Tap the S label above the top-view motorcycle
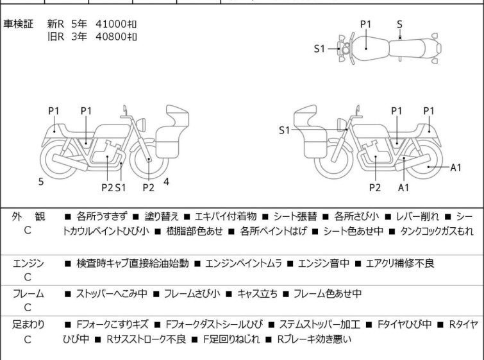pyautogui.click(x=400, y=24)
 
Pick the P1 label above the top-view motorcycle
pyautogui.click(x=365, y=24)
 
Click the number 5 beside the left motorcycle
pyautogui.click(x=41, y=182)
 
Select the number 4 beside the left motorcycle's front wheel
pyautogui.click(x=166, y=182)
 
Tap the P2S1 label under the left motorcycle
pyautogui.click(x=112, y=187)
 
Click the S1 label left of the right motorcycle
pyautogui.click(x=285, y=130)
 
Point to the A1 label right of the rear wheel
pyautogui.click(x=456, y=167)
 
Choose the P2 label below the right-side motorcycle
pyautogui.click(x=375, y=187)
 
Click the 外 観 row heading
pyautogui.click(x=27, y=217)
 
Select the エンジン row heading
pyautogui.click(x=28, y=262)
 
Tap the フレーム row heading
pyautogui.click(x=28, y=294)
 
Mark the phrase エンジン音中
pyautogui.click(x=321, y=262)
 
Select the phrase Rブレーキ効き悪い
pyautogui.click(x=315, y=338)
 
